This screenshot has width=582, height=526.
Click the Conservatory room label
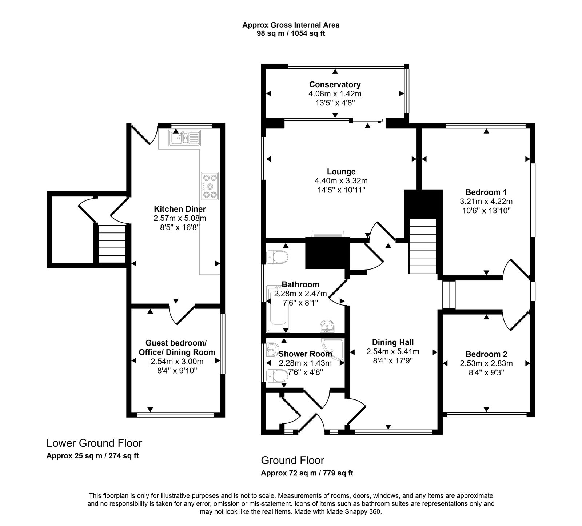[335, 84]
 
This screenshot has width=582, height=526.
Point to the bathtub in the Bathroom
[278, 309]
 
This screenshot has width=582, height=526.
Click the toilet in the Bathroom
[277, 257]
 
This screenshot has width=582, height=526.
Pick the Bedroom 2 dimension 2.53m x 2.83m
[486, 363]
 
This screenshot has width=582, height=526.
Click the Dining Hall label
[393, 342]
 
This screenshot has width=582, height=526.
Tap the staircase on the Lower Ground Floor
[112, 243]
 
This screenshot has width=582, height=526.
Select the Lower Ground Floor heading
[94, 443]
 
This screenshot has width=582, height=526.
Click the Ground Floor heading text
[292, 461]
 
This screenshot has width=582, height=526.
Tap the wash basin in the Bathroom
[328, 326]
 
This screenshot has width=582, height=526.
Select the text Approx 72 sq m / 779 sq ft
[307, 473]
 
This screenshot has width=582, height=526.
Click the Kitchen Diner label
[180, 209]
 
